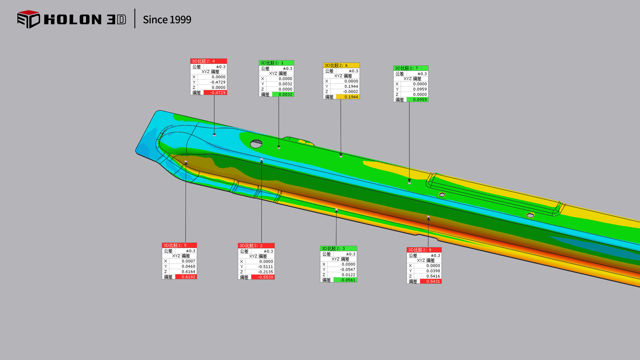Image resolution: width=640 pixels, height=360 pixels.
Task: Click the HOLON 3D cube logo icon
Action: [x=29, y=19]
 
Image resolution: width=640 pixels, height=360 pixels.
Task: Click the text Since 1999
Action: [x=167, y=20]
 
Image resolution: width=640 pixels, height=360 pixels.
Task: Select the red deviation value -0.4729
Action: [x=215, y=93]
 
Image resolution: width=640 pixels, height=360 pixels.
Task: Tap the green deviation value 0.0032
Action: [x=283, y=95]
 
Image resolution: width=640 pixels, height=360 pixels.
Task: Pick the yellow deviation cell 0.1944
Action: [x=348, y=97]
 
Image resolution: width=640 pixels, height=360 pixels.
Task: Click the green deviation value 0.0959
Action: [x=417, y=100]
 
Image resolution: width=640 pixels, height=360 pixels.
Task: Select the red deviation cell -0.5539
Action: [x=263, y=277]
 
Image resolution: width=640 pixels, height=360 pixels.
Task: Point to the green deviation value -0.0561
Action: [x=345, y=280]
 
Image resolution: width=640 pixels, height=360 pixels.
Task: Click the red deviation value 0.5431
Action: [x=431, y=282]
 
